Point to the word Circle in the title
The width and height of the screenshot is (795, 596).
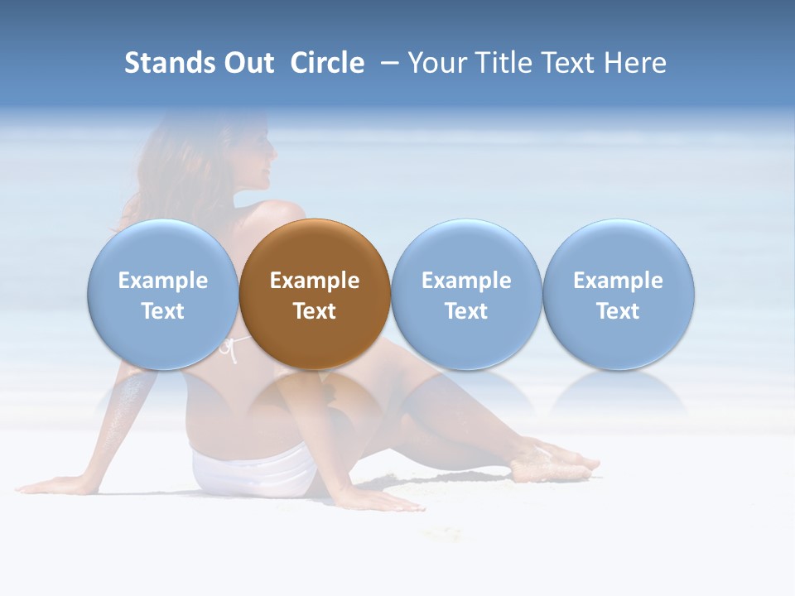click(x=327, y=63)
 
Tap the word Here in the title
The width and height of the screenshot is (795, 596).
click(x=634, y=63)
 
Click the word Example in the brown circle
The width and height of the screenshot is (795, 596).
click(x=315, y=281)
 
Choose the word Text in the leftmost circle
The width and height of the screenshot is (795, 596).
click(x=162, y=311)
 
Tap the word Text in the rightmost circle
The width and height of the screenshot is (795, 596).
click(x=618, y=311)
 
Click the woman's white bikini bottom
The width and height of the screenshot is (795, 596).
click(x=253, y=472)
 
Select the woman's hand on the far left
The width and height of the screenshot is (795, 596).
click(x=50, y=486)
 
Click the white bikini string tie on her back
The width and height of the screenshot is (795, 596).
click(x=232, y=349)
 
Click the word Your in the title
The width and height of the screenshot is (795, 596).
click(x=438, y=63)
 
